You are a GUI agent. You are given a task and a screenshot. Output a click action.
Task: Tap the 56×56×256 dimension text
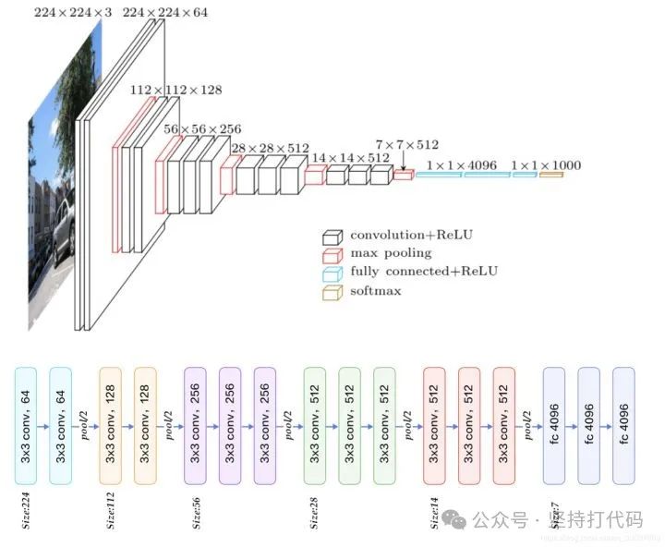coord(202,128)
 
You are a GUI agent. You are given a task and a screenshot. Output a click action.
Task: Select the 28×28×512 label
coord(271,148)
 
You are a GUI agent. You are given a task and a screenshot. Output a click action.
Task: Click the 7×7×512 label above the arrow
coord(406,145)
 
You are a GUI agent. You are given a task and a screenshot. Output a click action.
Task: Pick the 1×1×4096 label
coord(462,165)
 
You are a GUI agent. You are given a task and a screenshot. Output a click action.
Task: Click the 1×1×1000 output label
coord(546,165)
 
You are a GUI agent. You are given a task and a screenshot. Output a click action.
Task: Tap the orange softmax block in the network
coord(550,175)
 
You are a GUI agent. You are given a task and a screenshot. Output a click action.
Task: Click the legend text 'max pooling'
coord(391,253)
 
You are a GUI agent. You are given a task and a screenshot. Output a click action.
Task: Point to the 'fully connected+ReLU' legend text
coord(424,272)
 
